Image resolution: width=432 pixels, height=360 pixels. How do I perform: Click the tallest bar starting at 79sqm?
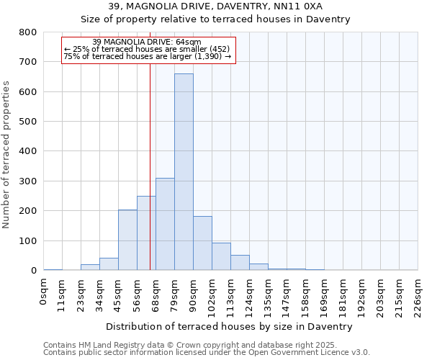click(184, 173)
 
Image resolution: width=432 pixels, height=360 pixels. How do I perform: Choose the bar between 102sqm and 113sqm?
click(221, 256)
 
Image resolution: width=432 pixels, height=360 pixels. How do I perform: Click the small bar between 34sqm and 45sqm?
click(109, 264)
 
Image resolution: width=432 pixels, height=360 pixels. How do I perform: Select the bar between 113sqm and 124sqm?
click(240, 263)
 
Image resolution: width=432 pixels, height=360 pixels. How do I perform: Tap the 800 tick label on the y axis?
click(28, 32)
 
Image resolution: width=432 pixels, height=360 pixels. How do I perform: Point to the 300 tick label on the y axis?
click(28, 181)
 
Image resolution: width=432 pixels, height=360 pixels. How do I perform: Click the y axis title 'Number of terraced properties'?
click(6, 154)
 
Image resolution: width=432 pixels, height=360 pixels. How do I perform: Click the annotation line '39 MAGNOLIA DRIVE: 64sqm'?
click(147, 42)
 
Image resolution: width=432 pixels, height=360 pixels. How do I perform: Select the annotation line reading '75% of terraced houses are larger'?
click(147, 55)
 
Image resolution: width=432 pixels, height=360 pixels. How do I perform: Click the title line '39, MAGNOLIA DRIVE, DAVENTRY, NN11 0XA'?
click(215, 6)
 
